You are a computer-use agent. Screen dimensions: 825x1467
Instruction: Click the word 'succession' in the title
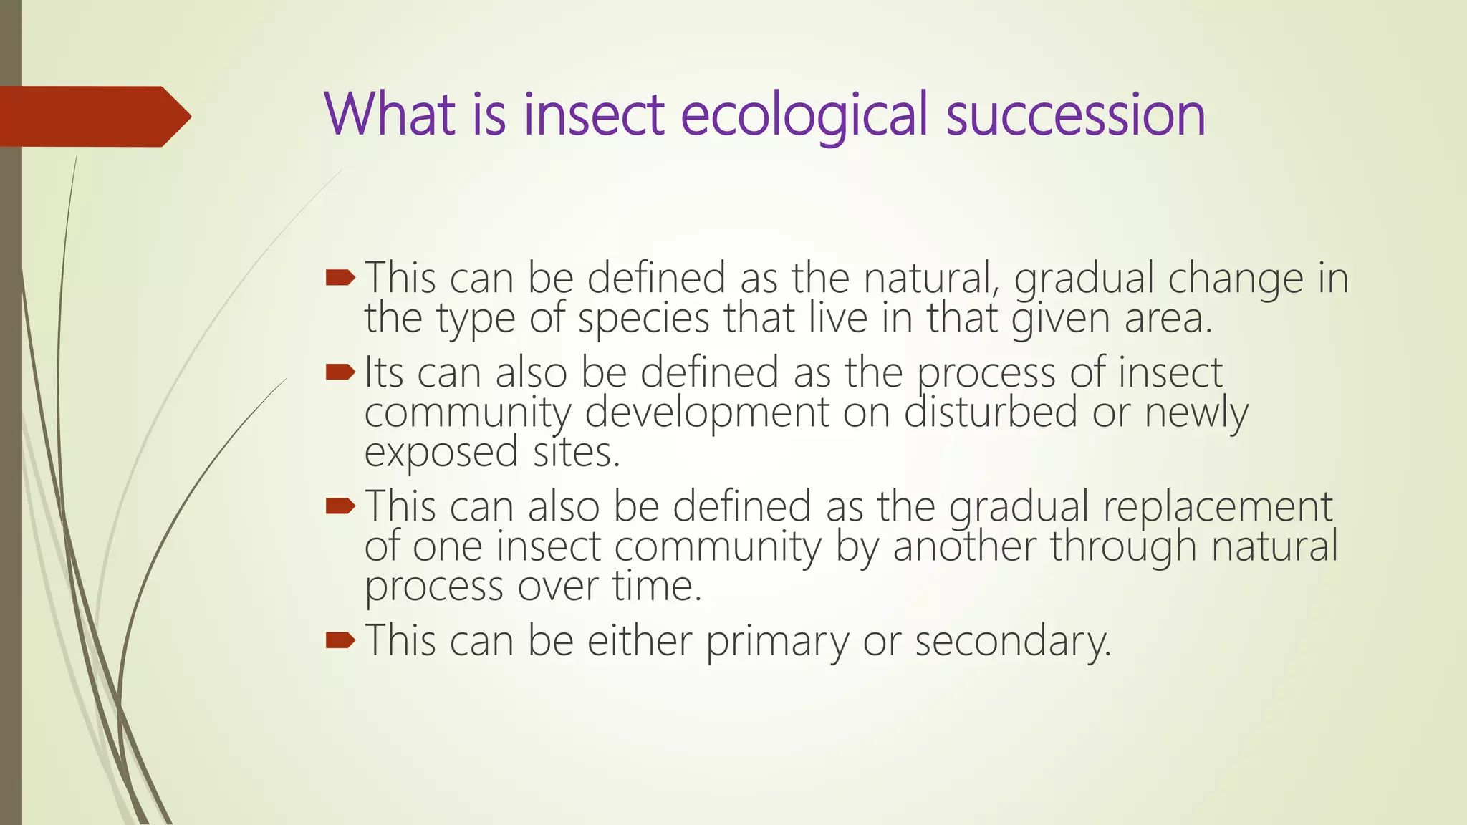(x=1075, y=115)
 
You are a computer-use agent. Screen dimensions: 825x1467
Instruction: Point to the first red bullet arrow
(x=340, y=278)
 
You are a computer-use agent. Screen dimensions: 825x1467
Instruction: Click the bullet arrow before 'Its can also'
(x=340, y=372)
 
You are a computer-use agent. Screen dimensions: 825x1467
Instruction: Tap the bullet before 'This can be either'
(x=340, y=640)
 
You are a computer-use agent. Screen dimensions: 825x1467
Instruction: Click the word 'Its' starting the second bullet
(x=384, y=373)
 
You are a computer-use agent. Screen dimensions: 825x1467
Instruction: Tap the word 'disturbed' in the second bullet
(x=991, y=413)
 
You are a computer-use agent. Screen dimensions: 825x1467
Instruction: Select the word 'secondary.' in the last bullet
(x=1013, y=641)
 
